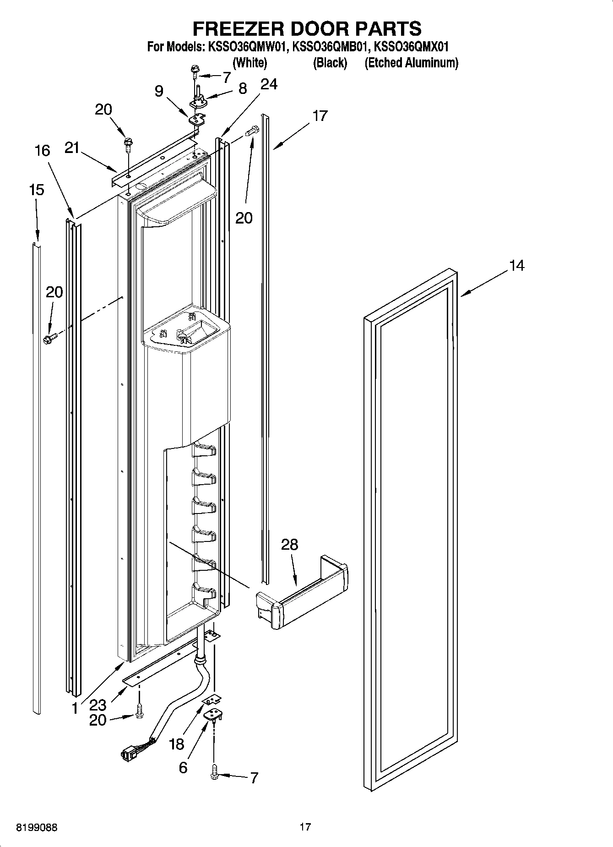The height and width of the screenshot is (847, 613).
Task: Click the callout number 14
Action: click(516, 265)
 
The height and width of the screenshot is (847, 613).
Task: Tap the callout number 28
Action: click(289, 544)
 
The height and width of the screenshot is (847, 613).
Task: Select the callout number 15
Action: click(37, 190)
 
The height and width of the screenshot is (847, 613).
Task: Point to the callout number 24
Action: click(269, 84)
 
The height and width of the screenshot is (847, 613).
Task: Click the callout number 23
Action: click(98, 705)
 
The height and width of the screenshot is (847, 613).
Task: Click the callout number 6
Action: click(183, 767)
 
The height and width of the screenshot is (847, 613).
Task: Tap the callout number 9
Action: click(158, 91)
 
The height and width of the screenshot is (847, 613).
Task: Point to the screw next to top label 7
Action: click(196, 71)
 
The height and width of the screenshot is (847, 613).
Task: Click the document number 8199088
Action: click(37, 828)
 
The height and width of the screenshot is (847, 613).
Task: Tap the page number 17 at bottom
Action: click(305, 826)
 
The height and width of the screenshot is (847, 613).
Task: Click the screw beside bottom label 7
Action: click(214, 773)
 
